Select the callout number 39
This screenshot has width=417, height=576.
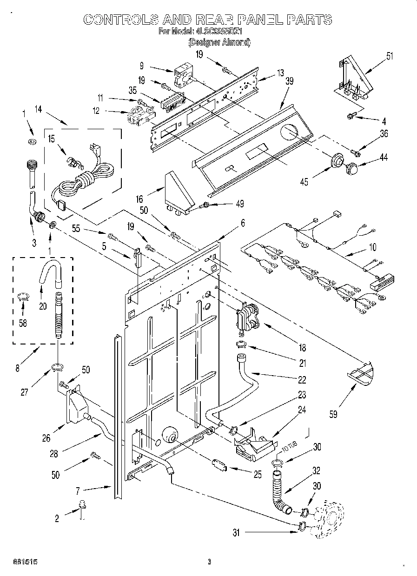pyautogui.click(x=289, y=80)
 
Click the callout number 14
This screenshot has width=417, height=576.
pyautogui.click(x=38, y=110)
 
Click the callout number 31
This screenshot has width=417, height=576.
pyautogui.click(x=236, y=533)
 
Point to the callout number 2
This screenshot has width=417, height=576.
pyautogui.click(x=57, y=518)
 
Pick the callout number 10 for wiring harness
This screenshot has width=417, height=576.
pyautogui.click(x=372, y=247)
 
